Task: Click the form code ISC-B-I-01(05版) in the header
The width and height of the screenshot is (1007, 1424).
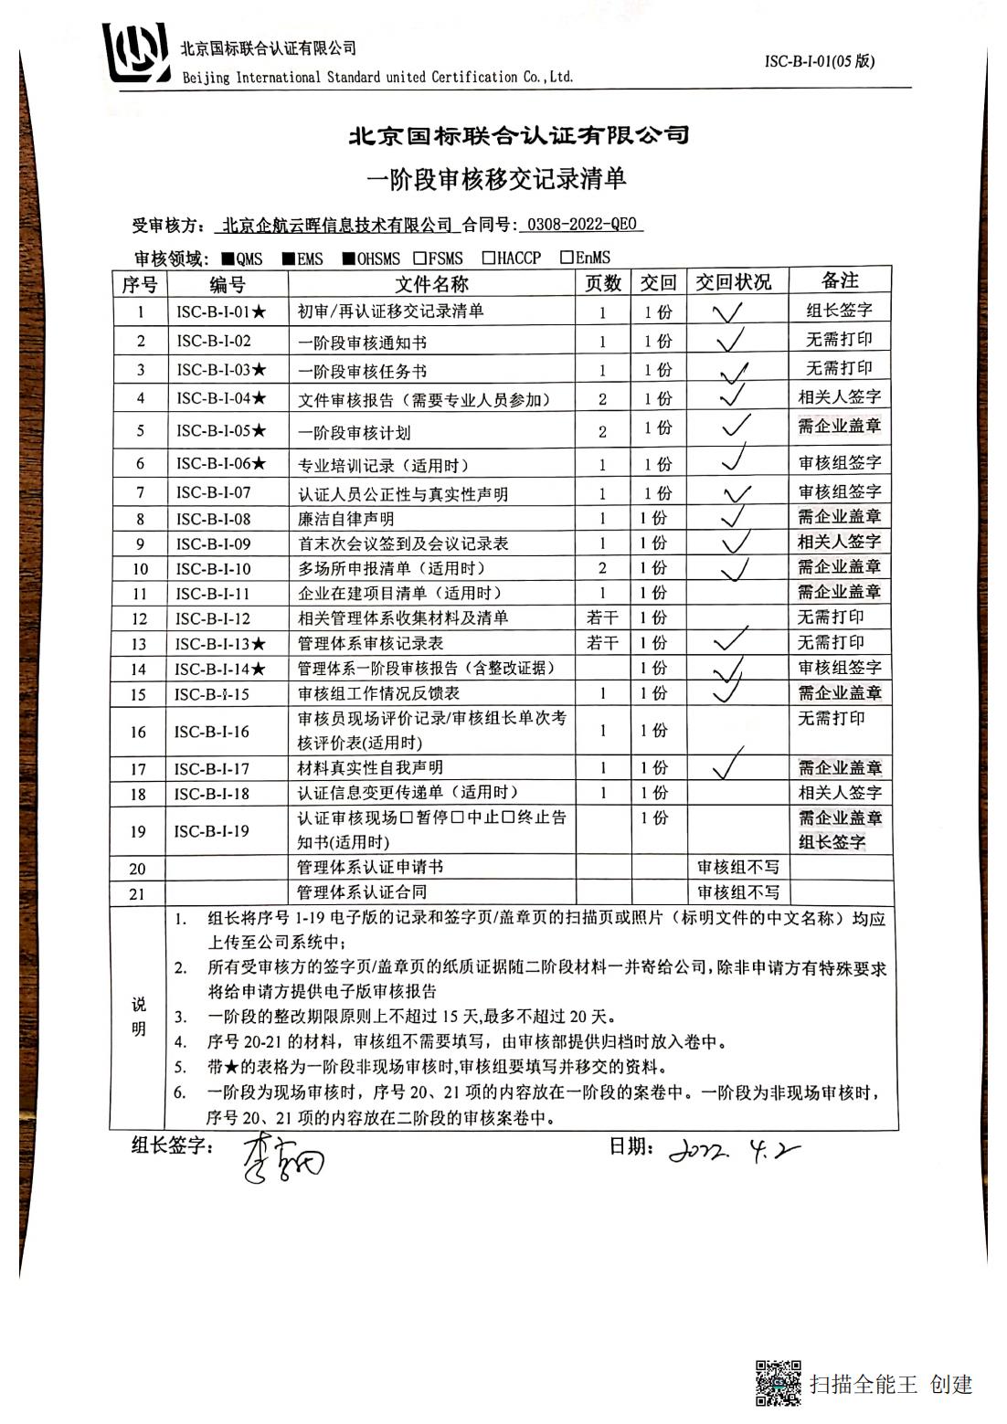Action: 819,61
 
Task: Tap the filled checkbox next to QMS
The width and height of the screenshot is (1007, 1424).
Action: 228,259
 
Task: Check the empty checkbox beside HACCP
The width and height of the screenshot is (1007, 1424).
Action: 489,258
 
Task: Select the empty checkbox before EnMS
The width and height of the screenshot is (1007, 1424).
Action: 567,258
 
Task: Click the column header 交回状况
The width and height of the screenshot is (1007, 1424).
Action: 733,282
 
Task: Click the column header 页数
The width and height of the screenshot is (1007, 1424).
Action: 603,283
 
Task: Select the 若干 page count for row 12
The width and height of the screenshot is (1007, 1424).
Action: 602,618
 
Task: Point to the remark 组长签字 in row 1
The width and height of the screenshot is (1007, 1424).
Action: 839,311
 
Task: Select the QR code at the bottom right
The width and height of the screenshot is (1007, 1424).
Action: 778,1382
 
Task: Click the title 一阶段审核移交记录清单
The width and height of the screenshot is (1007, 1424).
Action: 496,179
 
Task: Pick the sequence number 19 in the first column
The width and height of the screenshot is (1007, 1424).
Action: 138,831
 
